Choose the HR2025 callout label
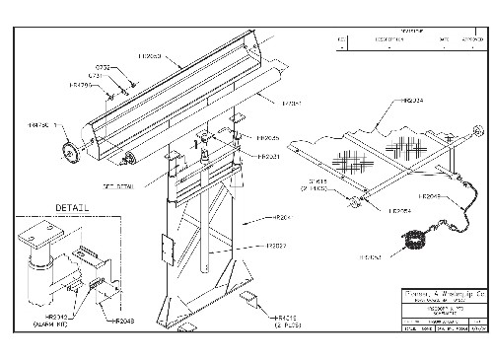[268, 139]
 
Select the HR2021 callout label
[268, 156]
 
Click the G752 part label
[115, 69]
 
